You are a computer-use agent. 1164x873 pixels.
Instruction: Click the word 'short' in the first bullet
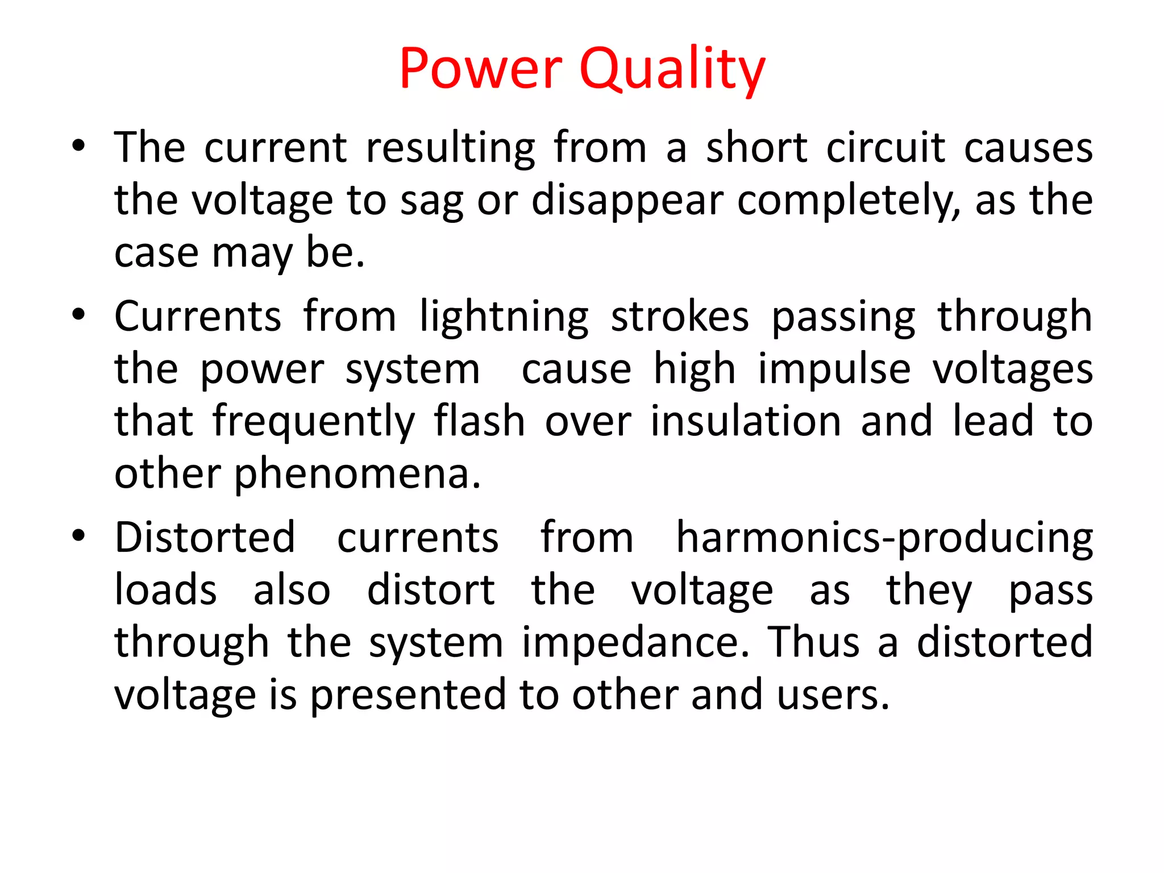pyautogui.click(x=756, y=147)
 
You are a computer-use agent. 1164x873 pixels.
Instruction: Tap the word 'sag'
pyautogui.click(x=432, y=201)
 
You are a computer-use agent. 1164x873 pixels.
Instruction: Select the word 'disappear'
pyautogui.click(x=627, y=201)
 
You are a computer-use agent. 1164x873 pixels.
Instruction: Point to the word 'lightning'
pyautogui.click(x=504, y=317)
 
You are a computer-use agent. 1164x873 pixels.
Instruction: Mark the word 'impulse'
pyautogui.click(x=834, y=369)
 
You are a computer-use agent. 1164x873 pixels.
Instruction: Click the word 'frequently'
pyautogui.click(x=314, y=422)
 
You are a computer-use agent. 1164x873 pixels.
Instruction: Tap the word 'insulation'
pyautogui.click(x=746, y=421)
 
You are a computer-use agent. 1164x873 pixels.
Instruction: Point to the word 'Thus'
pyautogui.click(x=814, y=642)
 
